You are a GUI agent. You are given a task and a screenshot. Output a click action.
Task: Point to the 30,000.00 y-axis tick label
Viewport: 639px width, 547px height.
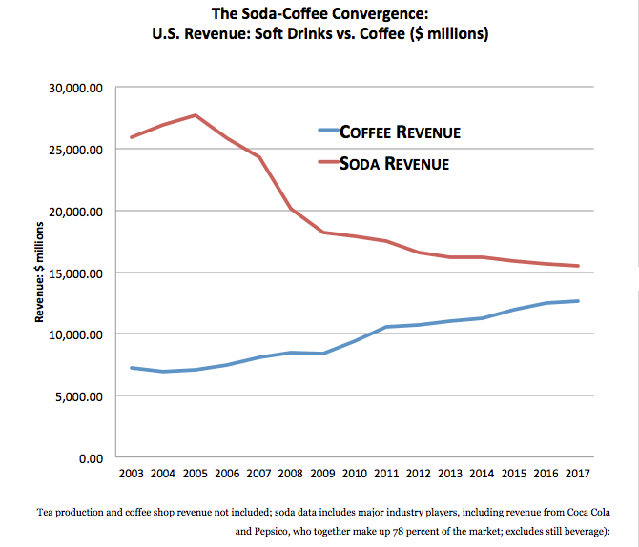[74, 88]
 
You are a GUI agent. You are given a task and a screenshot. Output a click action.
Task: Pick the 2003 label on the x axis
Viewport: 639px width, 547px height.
[132, 473]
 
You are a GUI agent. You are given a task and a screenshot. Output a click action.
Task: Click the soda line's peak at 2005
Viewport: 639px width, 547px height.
[196, 115]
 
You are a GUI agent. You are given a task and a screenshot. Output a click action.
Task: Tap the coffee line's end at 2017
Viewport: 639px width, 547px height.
[579, 301]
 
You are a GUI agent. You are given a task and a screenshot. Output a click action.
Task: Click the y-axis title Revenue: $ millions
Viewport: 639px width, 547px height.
[41, 273]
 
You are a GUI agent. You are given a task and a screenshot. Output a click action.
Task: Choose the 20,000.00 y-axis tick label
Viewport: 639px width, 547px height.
[74, 211]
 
